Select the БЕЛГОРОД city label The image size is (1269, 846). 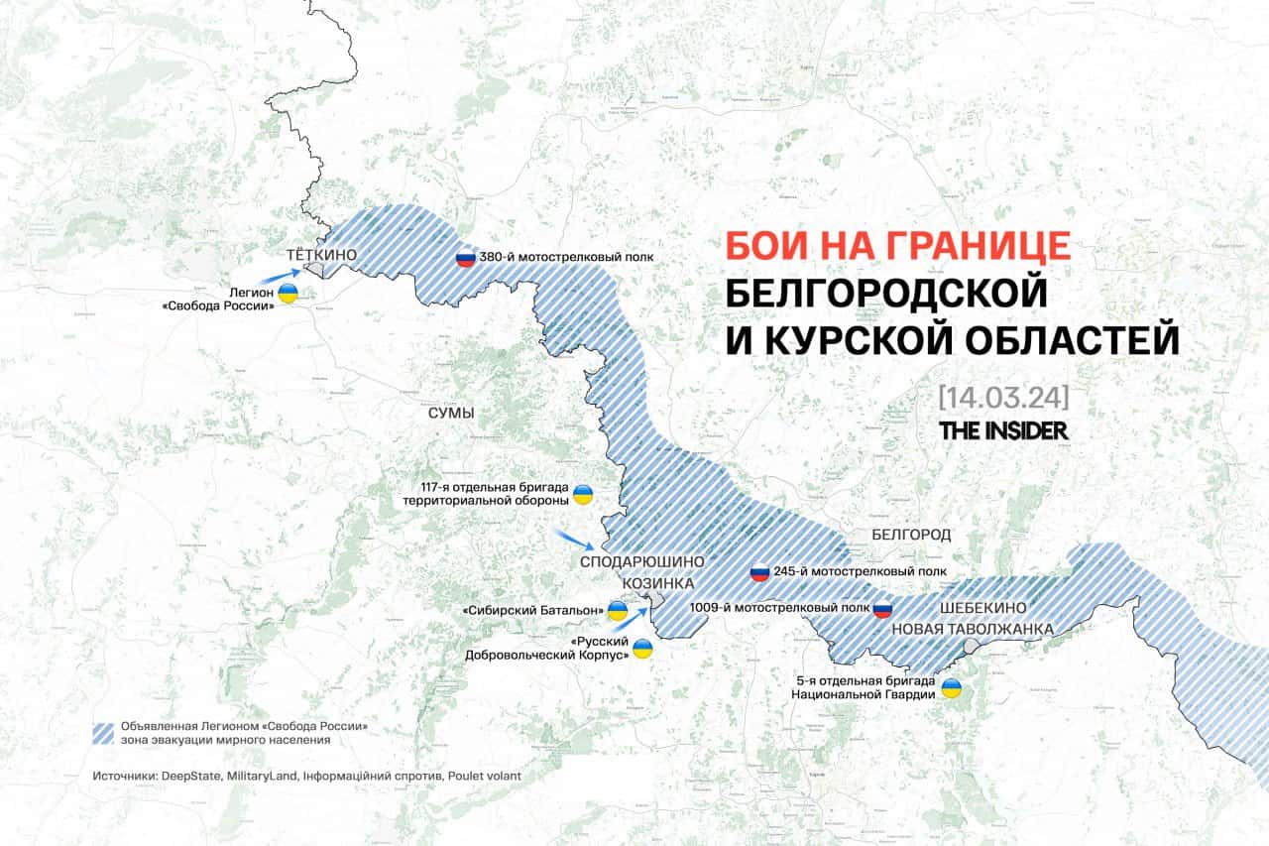point(911,535)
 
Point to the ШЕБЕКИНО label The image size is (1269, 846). point(982,607)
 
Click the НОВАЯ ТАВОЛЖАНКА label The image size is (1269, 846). point(972,629)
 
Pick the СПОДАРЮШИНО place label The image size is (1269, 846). point(641,561)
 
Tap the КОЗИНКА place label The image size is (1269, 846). point(657,583)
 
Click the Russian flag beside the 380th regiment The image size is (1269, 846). point(464,258)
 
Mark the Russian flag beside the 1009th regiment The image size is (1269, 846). point(881,608)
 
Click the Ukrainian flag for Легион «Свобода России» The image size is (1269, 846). point(288,293)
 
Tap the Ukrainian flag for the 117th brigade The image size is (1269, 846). point(583,493)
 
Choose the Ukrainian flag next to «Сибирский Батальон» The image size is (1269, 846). point(617,610)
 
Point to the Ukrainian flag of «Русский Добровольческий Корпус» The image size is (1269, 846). point(643,650)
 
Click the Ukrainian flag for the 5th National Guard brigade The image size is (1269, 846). point(951,687)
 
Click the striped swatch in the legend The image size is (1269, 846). point(104,733)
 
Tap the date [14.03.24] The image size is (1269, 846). point(1003,398)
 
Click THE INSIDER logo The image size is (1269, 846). point(1003,430)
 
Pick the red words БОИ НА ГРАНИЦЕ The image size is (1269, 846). point(897,245)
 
